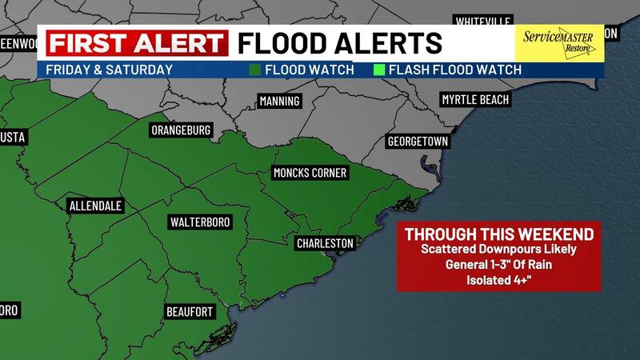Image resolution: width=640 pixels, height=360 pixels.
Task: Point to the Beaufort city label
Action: point(190,310)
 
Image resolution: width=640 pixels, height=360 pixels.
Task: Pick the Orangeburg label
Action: point(181,130)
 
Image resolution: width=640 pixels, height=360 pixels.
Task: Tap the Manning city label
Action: point(280,101)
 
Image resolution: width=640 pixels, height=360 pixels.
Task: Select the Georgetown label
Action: point(418,142)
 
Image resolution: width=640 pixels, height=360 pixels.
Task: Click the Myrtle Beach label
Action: point(475,100)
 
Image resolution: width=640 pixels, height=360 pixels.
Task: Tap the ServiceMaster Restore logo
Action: point(558,43)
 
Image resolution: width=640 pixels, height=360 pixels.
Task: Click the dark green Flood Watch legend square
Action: point(254,70)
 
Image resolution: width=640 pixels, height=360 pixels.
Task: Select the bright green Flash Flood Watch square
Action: point(379,70)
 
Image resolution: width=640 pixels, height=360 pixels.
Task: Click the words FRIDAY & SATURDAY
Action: point(110,70)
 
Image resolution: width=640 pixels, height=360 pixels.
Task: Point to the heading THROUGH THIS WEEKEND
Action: point(499,235)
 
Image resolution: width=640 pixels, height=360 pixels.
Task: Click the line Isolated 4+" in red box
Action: point(498,279)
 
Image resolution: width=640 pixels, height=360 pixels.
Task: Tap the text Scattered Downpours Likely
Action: point(498,250)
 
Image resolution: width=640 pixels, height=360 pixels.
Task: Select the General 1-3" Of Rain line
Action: point(498,265)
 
